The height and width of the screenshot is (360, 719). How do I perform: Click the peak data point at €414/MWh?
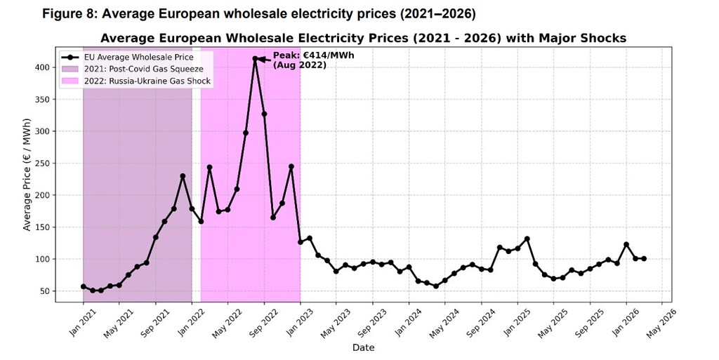(x=255, y=59)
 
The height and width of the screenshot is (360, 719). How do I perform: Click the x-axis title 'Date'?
(x=363, y=347)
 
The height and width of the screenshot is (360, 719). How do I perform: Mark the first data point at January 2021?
(x=83, y=286)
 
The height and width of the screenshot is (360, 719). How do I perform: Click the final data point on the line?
(x=644, y=259)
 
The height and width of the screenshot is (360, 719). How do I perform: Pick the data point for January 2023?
(x=301, y=242)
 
